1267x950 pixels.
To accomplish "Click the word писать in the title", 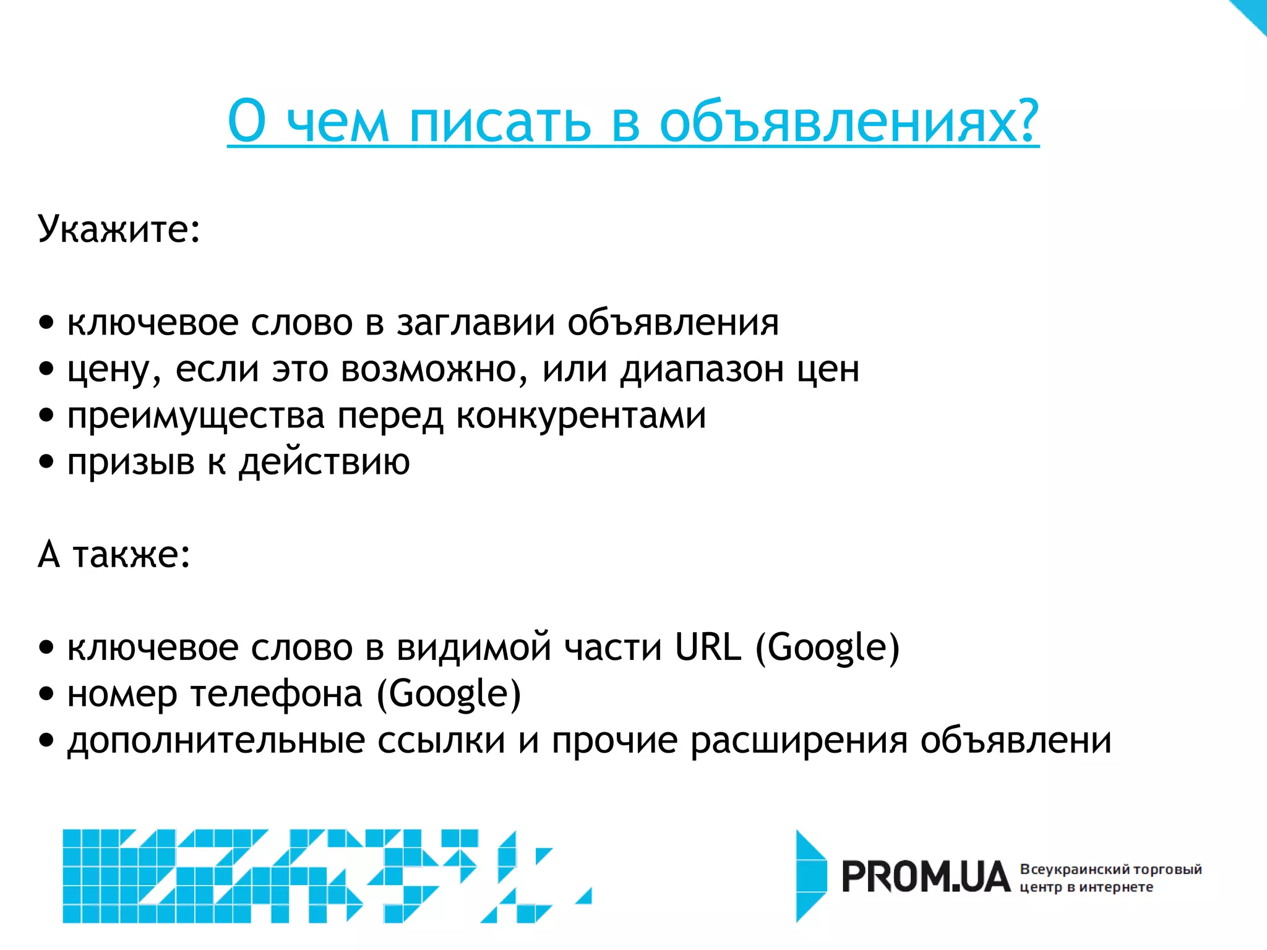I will (x=500, y=122).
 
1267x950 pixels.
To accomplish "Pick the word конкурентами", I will (x=581, y=416).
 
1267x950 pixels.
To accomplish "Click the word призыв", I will (x=131, y=463).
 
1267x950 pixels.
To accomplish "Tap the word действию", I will (x=324, y=463).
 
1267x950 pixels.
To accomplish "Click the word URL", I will (x=708, y=647).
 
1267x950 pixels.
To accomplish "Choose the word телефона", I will (x=277, y=694).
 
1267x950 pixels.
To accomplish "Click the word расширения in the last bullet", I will (x=799, y=741).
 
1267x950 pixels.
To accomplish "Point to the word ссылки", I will (x=441, y=741).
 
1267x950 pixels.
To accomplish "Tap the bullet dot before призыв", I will (x=46, y=462).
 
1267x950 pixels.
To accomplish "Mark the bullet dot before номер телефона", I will (x=46, y=694).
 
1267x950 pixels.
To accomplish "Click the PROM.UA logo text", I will (x=926, y=877).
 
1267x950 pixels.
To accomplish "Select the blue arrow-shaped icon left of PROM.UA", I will (x=811, y=876).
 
